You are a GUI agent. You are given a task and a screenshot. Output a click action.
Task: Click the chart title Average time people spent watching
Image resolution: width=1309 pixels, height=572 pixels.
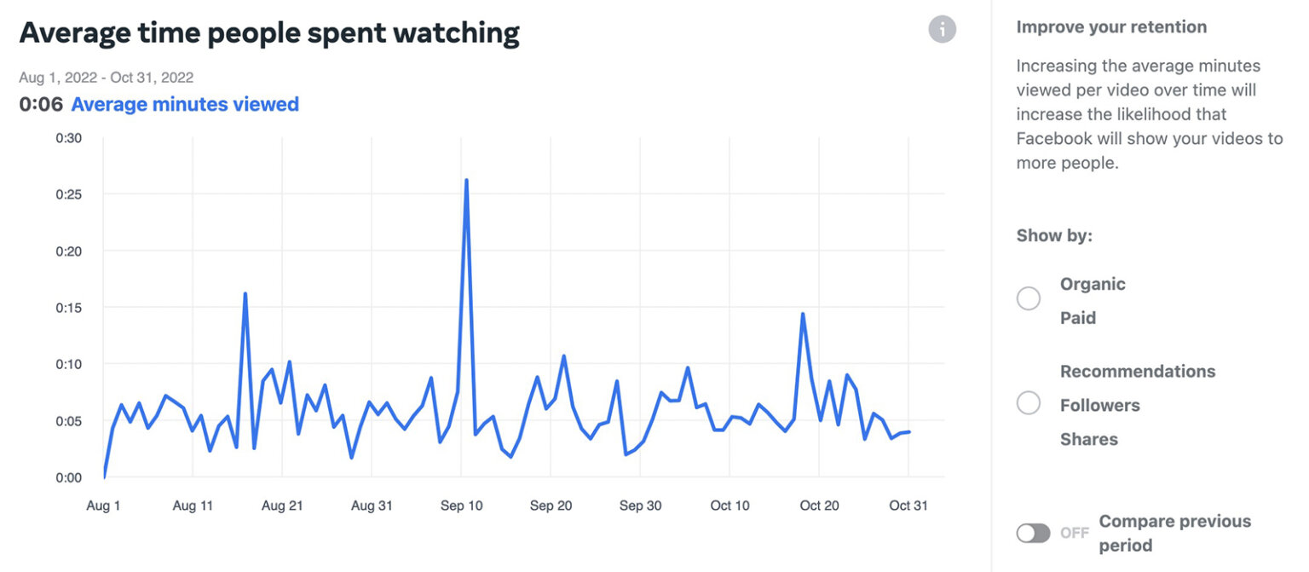click(x=269, y=33)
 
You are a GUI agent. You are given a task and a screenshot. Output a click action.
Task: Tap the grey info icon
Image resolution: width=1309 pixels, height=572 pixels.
click(x=942, y=30)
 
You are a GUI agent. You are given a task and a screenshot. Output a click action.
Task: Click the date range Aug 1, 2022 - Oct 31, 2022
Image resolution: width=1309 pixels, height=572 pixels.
click(x=106, y=78)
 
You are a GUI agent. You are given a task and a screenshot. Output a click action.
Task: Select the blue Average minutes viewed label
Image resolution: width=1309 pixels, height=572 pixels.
click(x=185, y=105)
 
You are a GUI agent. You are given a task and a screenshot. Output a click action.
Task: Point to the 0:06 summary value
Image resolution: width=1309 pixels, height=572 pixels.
click(x=41, y=105)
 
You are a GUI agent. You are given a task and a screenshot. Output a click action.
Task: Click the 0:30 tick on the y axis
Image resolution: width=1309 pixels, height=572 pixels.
click(x=69, y=138)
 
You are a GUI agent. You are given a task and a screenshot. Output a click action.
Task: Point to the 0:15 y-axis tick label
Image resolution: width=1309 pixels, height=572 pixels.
click(x=69, y=307)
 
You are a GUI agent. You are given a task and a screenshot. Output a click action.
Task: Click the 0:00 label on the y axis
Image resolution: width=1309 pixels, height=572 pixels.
click(x=69, y=477)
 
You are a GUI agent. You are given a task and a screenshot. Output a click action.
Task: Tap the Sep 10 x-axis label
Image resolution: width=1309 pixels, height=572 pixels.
click(x=461, y=506)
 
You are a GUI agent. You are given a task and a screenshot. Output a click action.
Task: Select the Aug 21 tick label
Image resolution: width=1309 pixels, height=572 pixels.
click(x=282, y=506)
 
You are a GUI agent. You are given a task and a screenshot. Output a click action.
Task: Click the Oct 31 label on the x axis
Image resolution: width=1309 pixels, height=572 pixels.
click(x=908, y=506)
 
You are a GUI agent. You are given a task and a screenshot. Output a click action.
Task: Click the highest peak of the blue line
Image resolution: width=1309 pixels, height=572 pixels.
click(x=466, y=181)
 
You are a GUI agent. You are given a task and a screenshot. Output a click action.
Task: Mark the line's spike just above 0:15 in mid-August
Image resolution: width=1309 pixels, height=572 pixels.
click(x=245, y=294)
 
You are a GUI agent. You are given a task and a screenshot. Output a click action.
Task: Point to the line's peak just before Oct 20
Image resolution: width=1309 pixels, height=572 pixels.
click(x=802, y=315)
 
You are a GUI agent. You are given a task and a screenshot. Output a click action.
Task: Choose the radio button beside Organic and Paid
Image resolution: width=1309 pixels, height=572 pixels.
click(x=1029, y=298)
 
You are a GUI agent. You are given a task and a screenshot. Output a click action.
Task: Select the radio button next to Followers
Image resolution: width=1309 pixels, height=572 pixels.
click(x=1029, y=402)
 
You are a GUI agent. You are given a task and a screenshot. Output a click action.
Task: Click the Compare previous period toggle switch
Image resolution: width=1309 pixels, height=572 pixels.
click(x=1033, y=533)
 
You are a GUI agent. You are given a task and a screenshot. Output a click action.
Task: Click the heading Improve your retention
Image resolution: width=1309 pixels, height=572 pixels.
click(x=1111, y=27)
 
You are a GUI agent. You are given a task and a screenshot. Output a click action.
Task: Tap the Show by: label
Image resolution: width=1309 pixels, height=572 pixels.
click(x=1054, y=236)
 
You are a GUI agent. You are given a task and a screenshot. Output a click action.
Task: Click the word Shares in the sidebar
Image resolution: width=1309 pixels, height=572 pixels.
click(x=1088, y=440)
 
